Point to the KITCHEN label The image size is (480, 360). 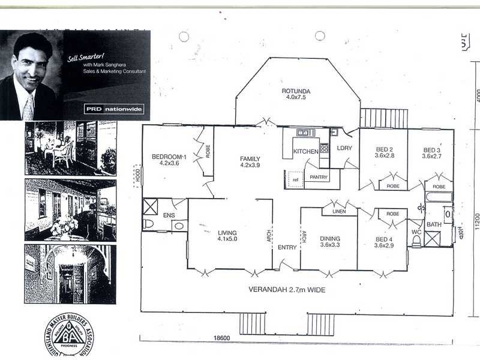pyautogui.click(x=305, y=151)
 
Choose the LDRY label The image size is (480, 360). pyautogui.click(x=344, y=148)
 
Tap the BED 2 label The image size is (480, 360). pyautogui.click(x=384, y=150)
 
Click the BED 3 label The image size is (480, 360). pyautogui.click(x=431, y=150)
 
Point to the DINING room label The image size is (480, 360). pyautogui.click(x=330, y=236)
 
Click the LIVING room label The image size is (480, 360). pyautogui.click(x=227, y=233)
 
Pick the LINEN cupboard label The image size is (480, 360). pyautogui.click(x=338, y=212)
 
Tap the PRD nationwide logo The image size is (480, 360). pyautogui.click(x=114, y=109)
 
